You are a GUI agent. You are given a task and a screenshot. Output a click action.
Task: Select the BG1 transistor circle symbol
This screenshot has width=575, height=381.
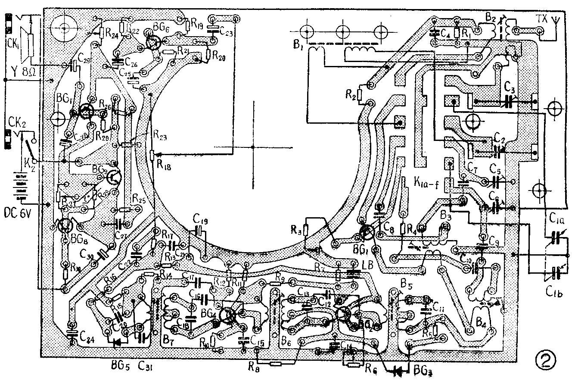click(367, 233)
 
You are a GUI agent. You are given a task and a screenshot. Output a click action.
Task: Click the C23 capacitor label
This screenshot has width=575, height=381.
click(227, 31)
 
